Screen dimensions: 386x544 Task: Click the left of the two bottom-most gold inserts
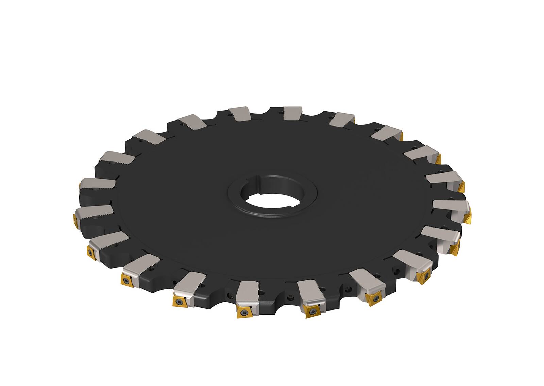[x=243, y=311]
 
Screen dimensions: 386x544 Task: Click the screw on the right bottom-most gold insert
[x=310, y=311]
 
